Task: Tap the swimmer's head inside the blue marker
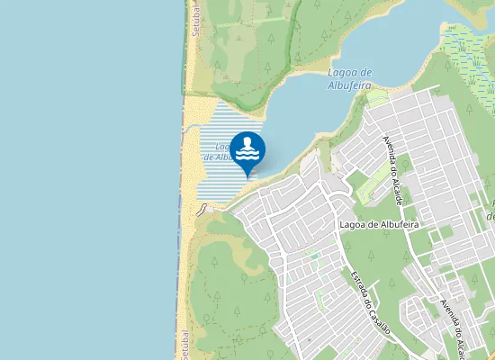(x=248, y=141)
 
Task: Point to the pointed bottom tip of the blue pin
(x=248, y=176)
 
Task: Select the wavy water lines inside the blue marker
(x=248, y=156)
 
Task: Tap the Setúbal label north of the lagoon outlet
(x=194, y=18)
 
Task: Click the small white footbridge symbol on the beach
(x=203, y=209)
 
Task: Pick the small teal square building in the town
(x=316, y=255)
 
